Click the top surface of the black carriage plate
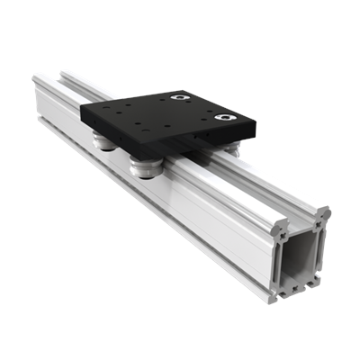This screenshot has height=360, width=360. (157, 115)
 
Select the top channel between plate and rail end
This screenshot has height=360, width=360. (243, 175)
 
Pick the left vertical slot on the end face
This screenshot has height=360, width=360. (282, 256)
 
